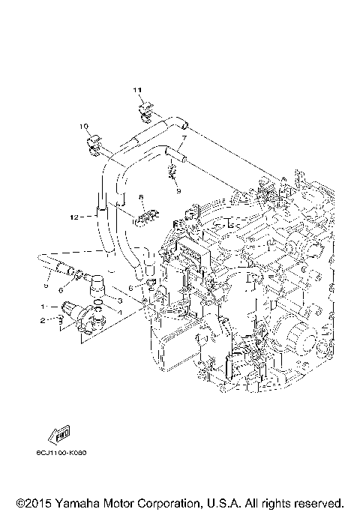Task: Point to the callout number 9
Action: coord(178,190)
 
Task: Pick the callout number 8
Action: coord(140,197)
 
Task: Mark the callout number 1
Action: coord(43,307)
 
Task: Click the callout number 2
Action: coord(43,321)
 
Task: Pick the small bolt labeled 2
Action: coord(57,322)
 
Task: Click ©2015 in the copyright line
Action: coord(34,502)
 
